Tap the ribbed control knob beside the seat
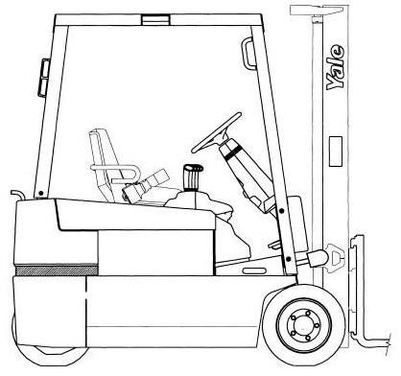191,178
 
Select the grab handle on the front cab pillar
248,52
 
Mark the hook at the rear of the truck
14,195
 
